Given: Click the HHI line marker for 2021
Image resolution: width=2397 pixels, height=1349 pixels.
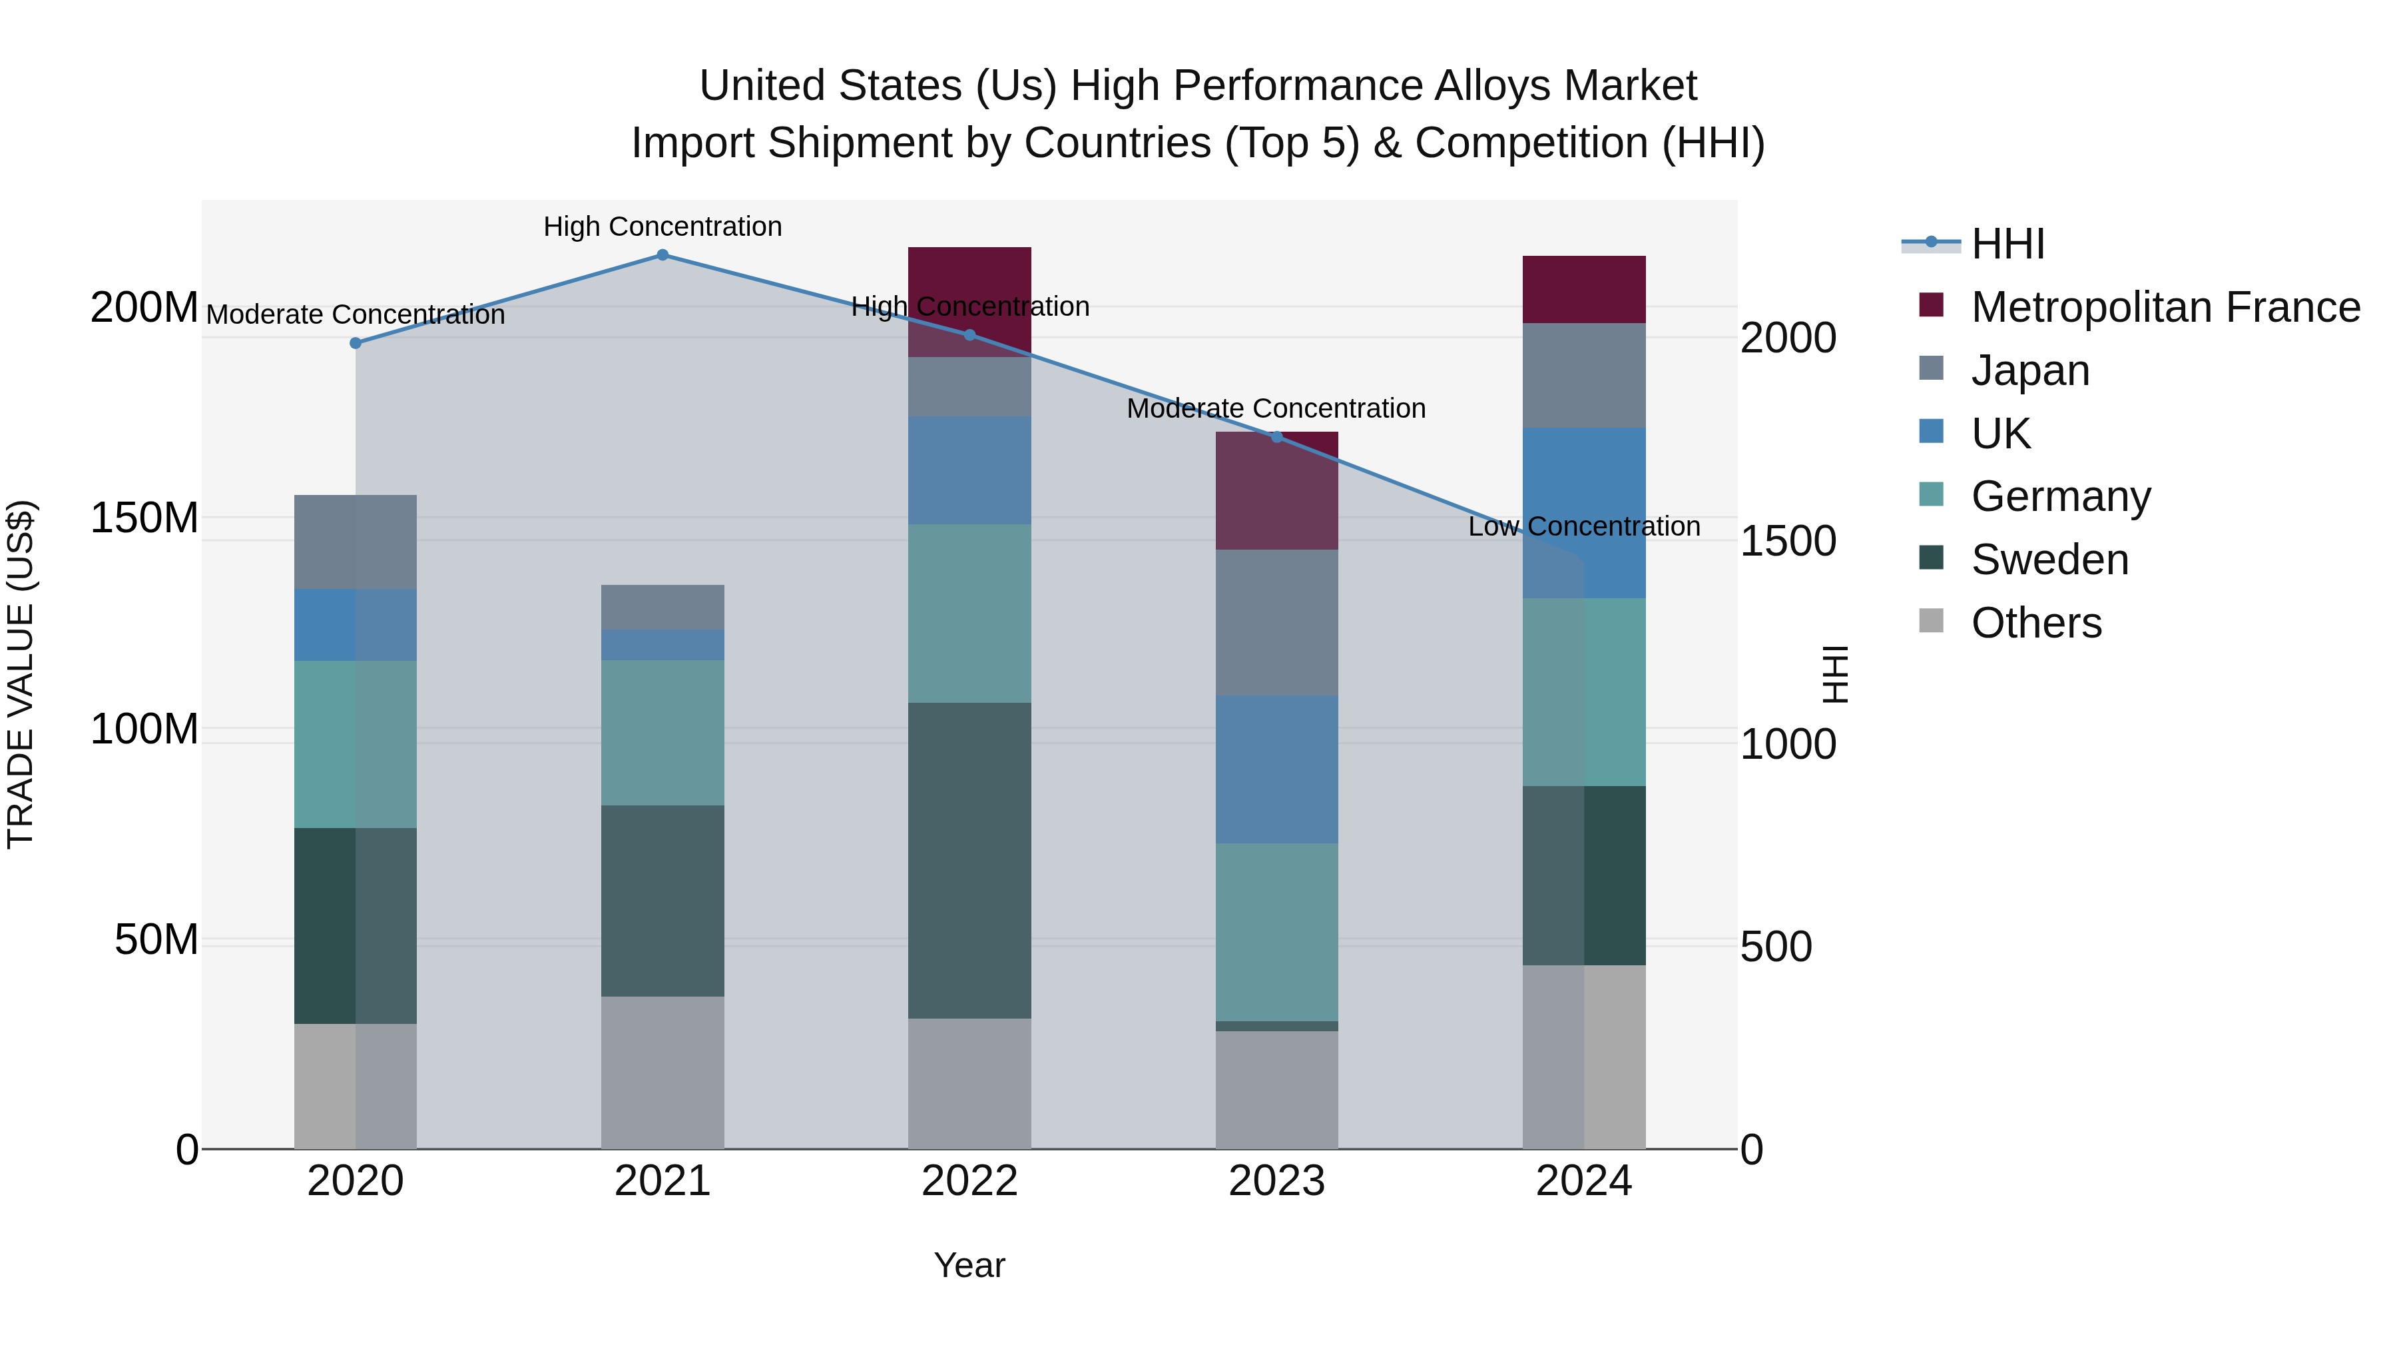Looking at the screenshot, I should coord(663,255).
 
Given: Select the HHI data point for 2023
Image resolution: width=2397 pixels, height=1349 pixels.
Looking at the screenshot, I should coord(1276,436).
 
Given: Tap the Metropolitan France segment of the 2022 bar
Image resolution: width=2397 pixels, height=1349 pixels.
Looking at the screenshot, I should coord(969,279).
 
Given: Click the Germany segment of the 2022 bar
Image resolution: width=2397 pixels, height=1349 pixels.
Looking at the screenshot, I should coord(969,613).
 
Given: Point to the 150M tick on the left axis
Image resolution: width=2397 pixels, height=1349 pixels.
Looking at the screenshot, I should coord(144,518).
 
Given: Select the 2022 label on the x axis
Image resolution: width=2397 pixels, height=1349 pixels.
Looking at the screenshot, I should coord(969,1181).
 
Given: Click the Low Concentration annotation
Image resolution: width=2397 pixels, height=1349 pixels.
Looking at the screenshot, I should coord(1584,527).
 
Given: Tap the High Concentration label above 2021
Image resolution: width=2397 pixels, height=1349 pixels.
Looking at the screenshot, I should coord(663,227).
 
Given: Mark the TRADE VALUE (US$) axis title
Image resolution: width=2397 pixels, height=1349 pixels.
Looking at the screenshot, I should coord(21,674).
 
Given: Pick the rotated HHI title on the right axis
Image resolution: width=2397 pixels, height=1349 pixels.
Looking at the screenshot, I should coord(1834,674).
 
